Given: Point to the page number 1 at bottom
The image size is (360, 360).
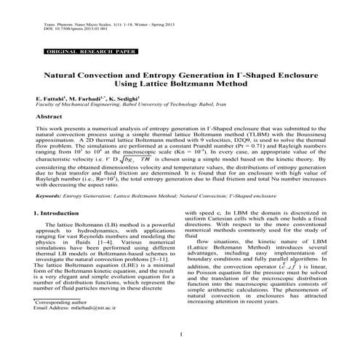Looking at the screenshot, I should [x=180, y=334].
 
